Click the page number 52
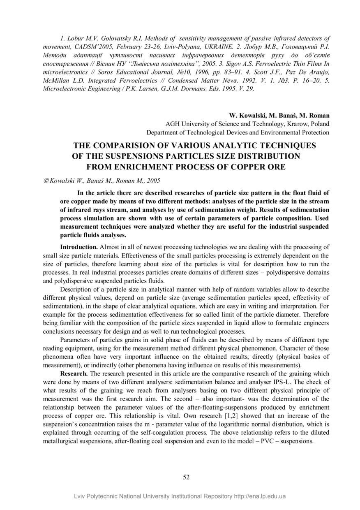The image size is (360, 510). click(x=186, y=477)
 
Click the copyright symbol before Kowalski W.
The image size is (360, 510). click(x=46, y=180)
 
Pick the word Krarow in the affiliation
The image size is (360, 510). click(x=288, y=124)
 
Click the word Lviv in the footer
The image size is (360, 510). click(x=81, y=496)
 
